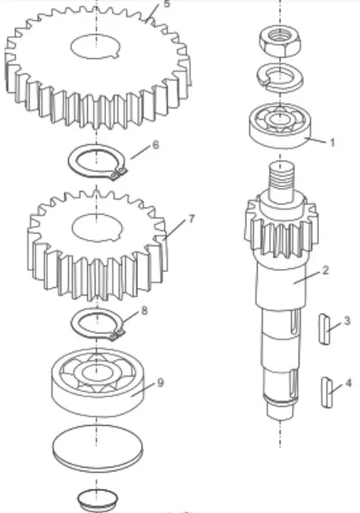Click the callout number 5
(x=167, y=4)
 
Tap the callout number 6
(x=155, y=144)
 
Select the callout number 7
(x=192, y=219)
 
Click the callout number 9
(x=160, y=383)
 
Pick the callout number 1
(x=331, y=142)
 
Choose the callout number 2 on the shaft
(x=325, y=271)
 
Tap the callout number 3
(x=346, y=321)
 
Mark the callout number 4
(x=348, y=383)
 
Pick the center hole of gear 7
(x=96, y=227)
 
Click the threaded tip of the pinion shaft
(x=282, y=181)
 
